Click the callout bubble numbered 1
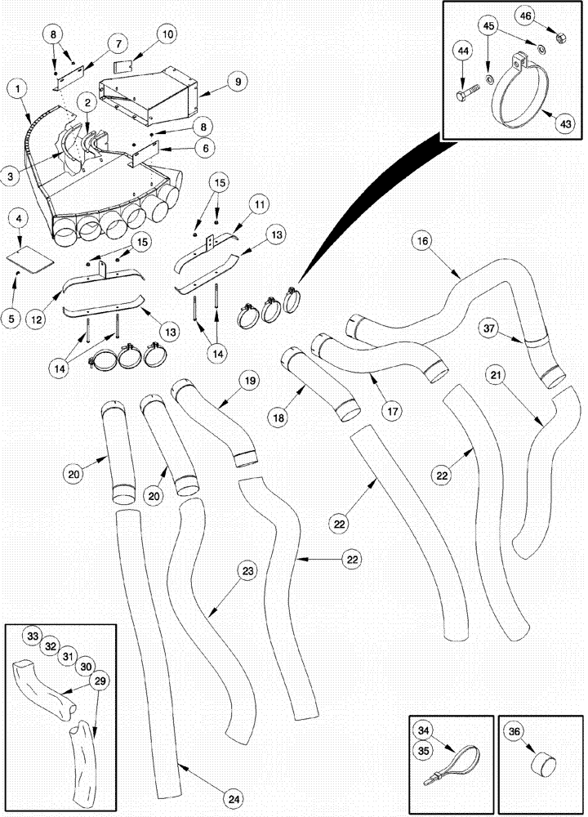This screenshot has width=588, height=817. (18, 87)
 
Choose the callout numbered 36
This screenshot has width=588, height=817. (513, 732)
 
